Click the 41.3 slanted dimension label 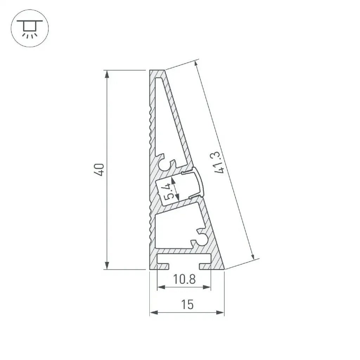tap(218, 162)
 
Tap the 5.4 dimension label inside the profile tap(169, 191)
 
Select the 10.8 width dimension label tap(184, 279)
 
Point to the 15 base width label tap(187, 305)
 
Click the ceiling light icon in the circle tap(30, 28)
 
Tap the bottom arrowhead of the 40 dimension tap(107, 265)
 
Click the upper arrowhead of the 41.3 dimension tap(196, 65)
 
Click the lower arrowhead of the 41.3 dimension tap(253, 256)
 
